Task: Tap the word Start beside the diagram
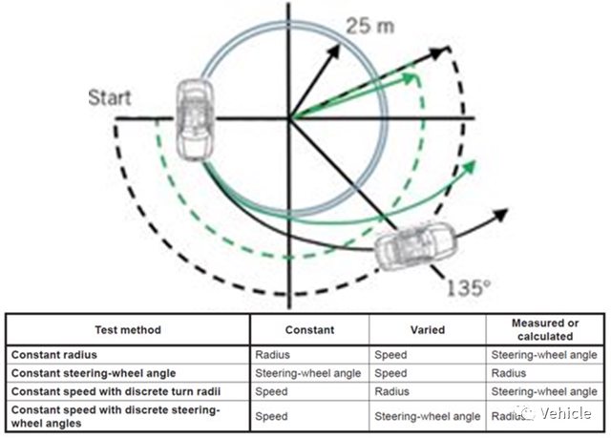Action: (109, 96)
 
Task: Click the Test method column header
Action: (129, 330)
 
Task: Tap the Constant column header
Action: (309, 330)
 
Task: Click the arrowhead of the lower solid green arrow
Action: (470, 169)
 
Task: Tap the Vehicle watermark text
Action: (569, 414)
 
